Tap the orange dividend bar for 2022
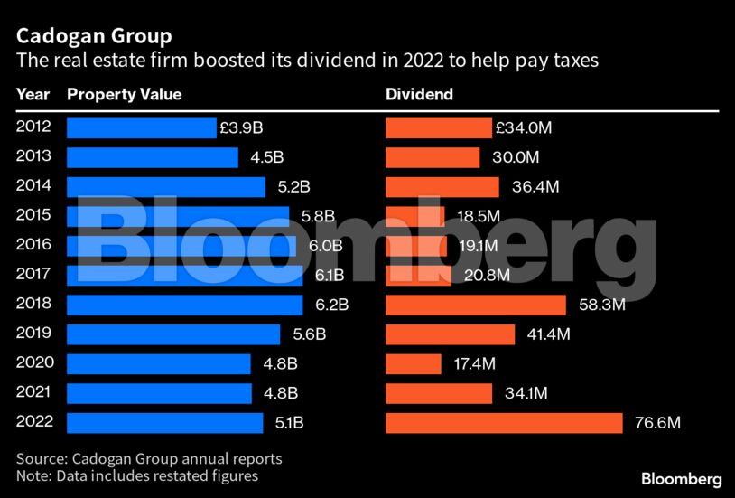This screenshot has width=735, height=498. [x=504, y=422]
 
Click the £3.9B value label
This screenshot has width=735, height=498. [x=241, y=128]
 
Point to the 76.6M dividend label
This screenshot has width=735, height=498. [x=656, y=422]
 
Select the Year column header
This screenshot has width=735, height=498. [x=33, y=94]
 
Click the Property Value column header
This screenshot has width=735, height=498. [x=125, y=94]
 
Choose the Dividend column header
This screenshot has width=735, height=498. [x=419, y=94]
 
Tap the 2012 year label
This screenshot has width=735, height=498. [x=34, y=127]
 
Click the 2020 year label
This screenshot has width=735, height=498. [x=34, y=362]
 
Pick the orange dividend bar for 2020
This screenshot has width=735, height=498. [x=414, y=363]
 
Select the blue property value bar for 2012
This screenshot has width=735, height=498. [x=142, y=128]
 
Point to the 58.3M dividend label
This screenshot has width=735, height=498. [x=601, y=305]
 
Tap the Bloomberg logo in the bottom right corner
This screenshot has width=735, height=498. [x=681, y=478]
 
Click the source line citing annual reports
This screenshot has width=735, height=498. [x=149, y=458]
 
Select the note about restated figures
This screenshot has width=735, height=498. [x=137, y=475]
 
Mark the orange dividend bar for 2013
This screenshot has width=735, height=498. [x=433, y=157]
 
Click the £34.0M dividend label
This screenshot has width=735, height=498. [x=524, y=128]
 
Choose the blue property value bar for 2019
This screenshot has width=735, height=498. [x=173, y=334]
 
